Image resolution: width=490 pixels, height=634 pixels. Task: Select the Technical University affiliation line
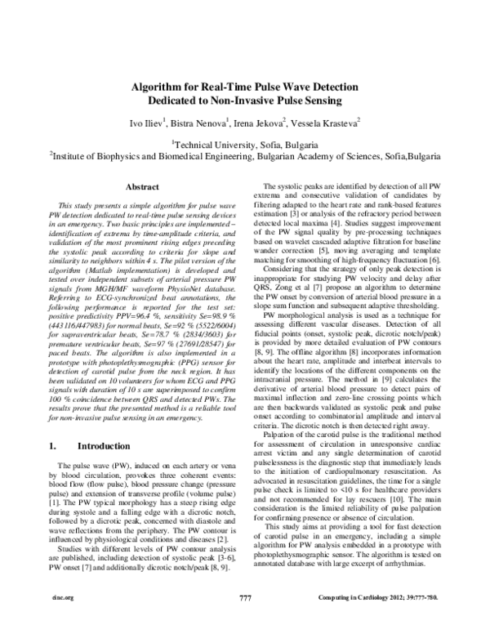pos(246,141)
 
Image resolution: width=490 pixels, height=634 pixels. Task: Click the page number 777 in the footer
pos(245,621)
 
